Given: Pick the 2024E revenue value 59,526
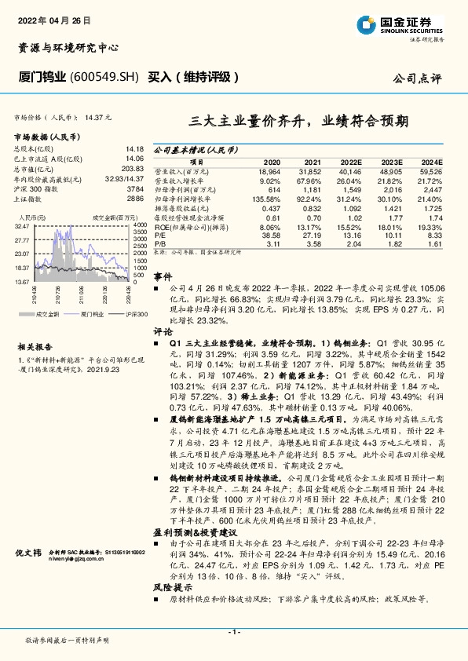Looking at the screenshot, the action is (x=431, y=170).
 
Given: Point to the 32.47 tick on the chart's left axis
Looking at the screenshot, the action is (x=22, y=225).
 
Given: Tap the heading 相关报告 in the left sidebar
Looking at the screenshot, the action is (x=35, y=325).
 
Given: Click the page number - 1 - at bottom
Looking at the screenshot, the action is (x=233, y=632).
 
